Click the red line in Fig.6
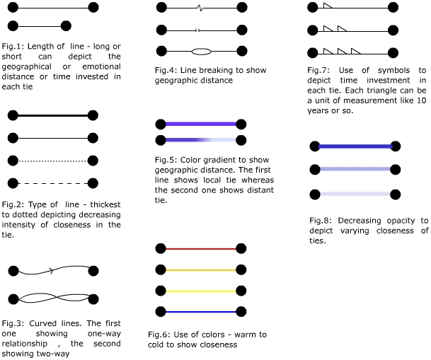coord(201,249)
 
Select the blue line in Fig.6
coord(201,312)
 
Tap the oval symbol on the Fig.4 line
coord(201,52)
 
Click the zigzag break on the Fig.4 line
coord(201,8)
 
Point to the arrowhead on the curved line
coord(51,271)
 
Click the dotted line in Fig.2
coord(53,161)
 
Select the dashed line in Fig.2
coord(53,183)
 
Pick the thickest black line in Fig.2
coord(53,115)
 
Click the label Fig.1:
coord(13,46)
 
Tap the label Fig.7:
coord(318,70)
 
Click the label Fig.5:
coord(166,160)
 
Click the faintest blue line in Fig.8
coord(355,194)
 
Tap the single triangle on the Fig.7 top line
coord(328,6)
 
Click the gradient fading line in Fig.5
coord(201,140)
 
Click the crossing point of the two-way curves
coord(57,297)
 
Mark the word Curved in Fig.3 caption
coord(42,323)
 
